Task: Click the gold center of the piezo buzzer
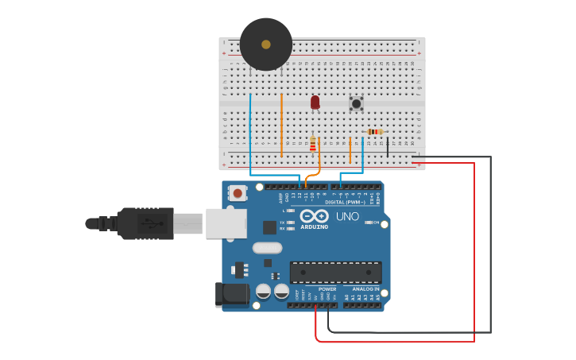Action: click(x=265, y=45)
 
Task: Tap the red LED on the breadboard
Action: click(x=315, y=102)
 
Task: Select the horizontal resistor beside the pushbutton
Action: click(x=375, y=132)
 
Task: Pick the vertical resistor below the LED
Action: click(x=312, y=144)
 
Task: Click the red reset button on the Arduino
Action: click(x=237, y=192)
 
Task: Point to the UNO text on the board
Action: click(x=347, y=216)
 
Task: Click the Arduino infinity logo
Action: click(x=314, y=216)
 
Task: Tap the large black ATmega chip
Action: click(x=335, y=273)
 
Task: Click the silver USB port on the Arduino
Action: click(x=226, y=223)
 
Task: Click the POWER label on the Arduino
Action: click(x=327, y=289)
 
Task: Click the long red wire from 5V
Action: click(x=474, y=254)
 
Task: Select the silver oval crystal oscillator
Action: click(x=268, y=247)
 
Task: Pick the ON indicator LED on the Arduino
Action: click(x=369, y=223)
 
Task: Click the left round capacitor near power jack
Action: click(x=263, y=292)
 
